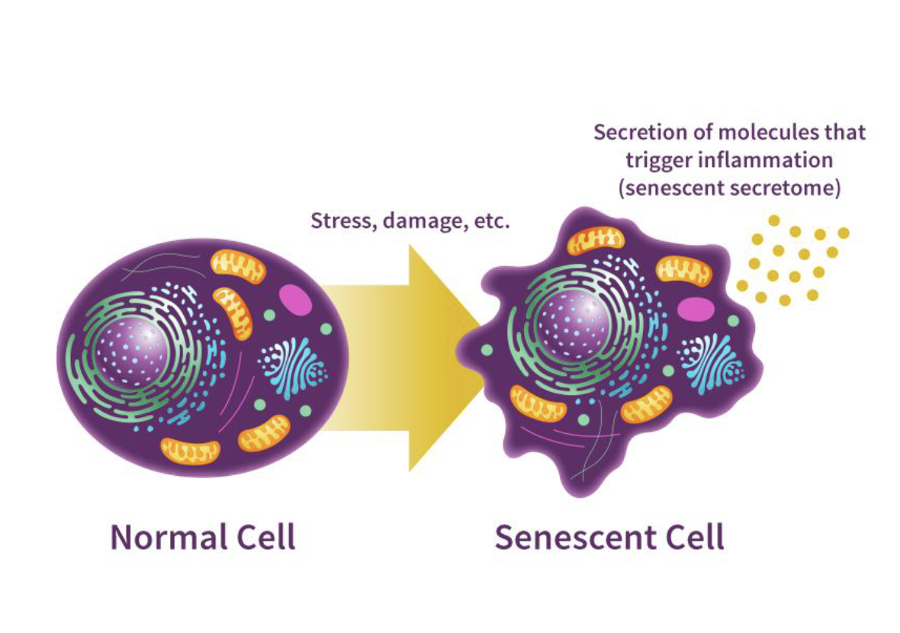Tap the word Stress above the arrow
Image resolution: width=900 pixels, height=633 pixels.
coord(342,220)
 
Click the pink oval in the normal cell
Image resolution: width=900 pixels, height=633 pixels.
coord(296,300)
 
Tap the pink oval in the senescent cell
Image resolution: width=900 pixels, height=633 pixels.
coord(696,309)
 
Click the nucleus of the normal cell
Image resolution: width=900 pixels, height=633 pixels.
coord(132,352)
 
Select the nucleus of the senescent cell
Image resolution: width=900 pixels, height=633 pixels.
coord(574,325)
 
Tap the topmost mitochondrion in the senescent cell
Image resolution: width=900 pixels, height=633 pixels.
coord(595,240)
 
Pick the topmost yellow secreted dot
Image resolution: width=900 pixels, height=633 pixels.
coord(774,220)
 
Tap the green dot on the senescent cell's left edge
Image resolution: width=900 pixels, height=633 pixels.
coord(487,349)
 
